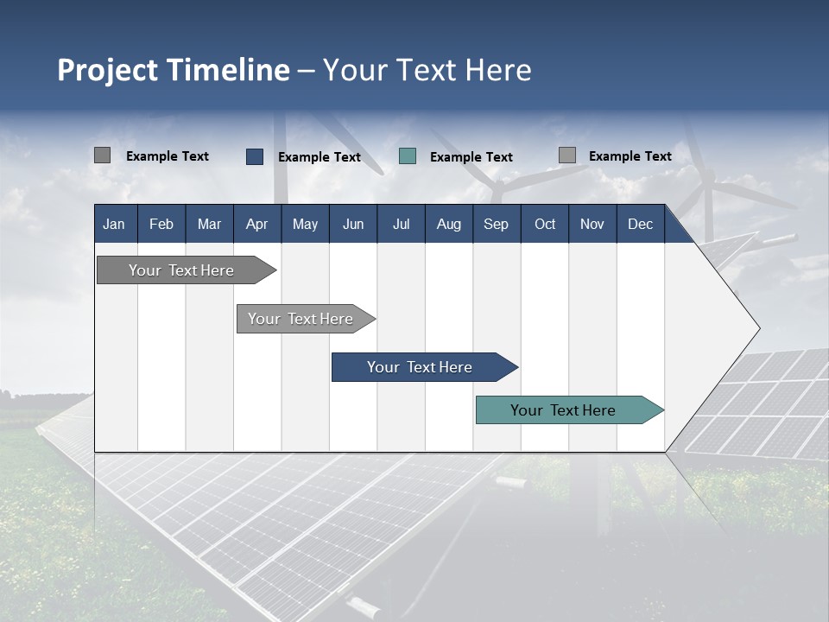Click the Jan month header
pyautogui.click(x=114, y=224)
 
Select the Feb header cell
pyautogui.click(x=161, y=224)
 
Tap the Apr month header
pyautogui.click(x=256, y=224)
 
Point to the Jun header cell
pyautogui.click(x=353, y=224)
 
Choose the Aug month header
pyautogui.click(x=448, y=224)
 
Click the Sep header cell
pyautogui.click(x=496, y=224)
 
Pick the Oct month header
pyautogui.click(x=545, y=224)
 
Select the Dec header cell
pyautogui.click(x=640, y=224)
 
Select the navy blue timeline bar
pyautogui.click(x=421, y=367)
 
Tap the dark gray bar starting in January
pyautogui.click(x=182, y=270)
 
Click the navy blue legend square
pyautogui.click(x=255, y=156)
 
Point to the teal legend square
pyautogui.click(x=408, y=156)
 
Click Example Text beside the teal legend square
pyautogui.click(x=471, y=157)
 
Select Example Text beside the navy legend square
pyautogui.click(x=319, y=157)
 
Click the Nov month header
pyautogui.click(x=592, y=224)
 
